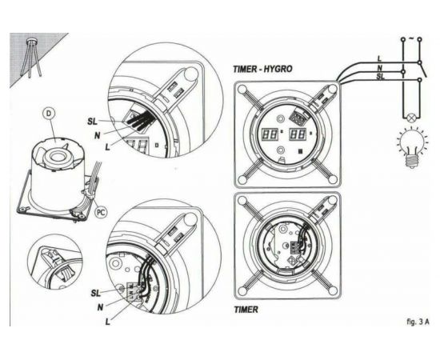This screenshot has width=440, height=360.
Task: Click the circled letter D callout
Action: pyautogui.click(x=49, y=114)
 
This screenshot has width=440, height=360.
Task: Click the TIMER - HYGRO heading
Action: pyautogui.click(x=262, y=69)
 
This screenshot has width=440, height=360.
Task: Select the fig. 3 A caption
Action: pyautogui.click(x=418, y=322)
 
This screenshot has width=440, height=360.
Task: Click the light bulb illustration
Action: pyautogui.click(x=412, y=147)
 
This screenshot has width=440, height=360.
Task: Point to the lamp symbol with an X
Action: pyautogui.click(x=412, y=118)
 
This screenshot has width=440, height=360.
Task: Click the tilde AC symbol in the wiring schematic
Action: pyautogui.click(x=411, y=38)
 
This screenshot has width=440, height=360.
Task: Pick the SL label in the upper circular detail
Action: pyautogui.click(x=92, y=122)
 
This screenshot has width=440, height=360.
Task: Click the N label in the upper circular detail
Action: pyautogui.click(x=97, y=136)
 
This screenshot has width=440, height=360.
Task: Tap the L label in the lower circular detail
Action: pyautogui.click(x=107, y=322)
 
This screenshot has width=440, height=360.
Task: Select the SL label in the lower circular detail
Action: pyautogui.click(x=95, y=294)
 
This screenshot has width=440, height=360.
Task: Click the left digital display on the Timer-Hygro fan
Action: pyautogui.click(x=270, y=134)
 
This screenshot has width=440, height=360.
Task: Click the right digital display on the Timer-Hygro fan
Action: pyautogui.click(x=298, y=134)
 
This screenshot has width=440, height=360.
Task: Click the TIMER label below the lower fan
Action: pyautogui.click(x=246, y=310)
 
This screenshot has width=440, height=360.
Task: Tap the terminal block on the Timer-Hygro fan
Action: pyautogui.click(x=298, y=117)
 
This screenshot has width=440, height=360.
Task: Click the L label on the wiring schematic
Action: pyautogui.click(x=379, y=59)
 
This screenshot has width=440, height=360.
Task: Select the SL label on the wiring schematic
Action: pyautogui.click(x=381, y=77)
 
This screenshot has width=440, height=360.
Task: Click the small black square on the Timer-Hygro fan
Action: pyautogui.click(x=301, y=151)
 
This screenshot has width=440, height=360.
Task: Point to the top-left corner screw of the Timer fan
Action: pyautogui.click(x=242, y=201)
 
